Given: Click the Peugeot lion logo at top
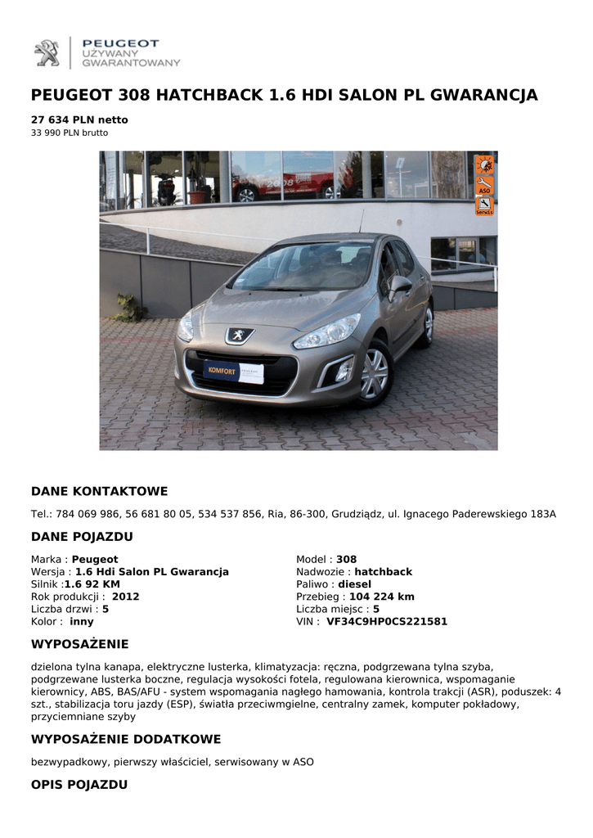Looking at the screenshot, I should coord(47,53).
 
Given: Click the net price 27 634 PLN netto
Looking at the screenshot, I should coord(79,119).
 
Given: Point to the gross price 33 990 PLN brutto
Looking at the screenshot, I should coord(70,133).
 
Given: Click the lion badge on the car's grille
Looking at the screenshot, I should coord(239,335).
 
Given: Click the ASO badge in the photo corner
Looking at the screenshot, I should coord(484,186).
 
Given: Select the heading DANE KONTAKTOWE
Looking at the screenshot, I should coord(99,492).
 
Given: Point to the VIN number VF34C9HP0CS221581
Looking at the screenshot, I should coord(387,621).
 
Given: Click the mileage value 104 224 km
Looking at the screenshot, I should coord(381,597).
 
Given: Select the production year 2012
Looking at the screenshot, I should coord(125,597).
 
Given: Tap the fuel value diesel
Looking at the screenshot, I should coord(354,584).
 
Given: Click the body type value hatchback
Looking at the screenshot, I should coord(383,572).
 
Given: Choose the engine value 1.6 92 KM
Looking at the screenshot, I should coord(92,584).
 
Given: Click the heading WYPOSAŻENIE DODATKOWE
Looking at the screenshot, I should coord(126,740).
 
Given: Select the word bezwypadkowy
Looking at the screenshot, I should coord(68,762).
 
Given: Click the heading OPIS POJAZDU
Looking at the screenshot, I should coord(79,785).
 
